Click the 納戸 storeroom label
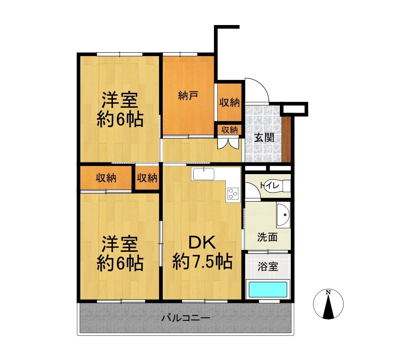[x=188, y=95]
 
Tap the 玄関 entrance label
[x=264, y=138]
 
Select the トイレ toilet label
[x=270, y=185]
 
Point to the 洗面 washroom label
[x=267, y=237]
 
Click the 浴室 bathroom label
[x=268, y=267]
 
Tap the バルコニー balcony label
[x=186, y=318]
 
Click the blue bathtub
[x=268, y=289]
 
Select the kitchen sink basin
[x=204, y=174]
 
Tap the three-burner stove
[x=233, y=193]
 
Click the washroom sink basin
[x=283, y=215]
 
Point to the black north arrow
[x=328, y=306]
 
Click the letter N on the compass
[x=328, y=292]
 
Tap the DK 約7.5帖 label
[x=202, y=253]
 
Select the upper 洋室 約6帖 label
[x=120, y=109]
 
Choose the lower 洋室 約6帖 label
[x=120, y=254]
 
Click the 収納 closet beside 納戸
[x=229, y=102]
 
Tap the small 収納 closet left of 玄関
[x=229, y=130]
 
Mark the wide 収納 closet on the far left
[x=106, y=178]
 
